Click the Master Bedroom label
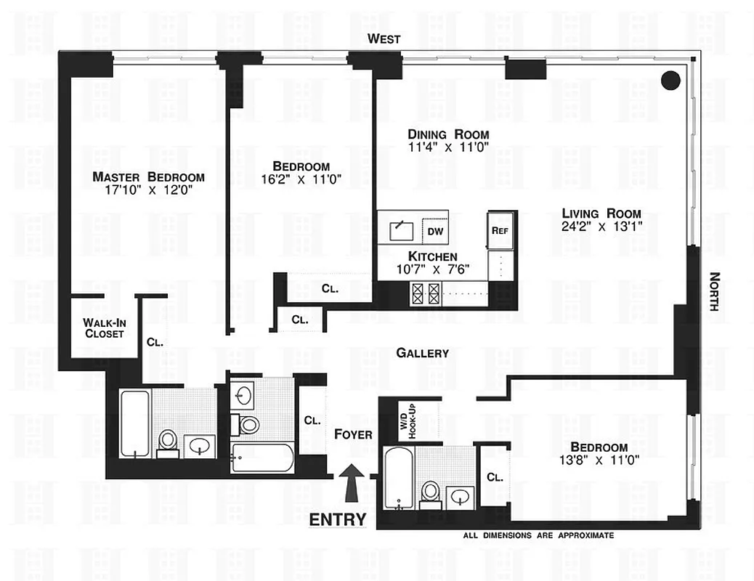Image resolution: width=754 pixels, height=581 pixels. (x=148, y=176)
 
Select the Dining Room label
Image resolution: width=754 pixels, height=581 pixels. (x=447, y=134)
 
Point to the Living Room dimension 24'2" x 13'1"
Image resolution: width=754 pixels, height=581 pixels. (x=601, y=226)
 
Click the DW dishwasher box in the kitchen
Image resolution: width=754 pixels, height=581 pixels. (x=435, y=231)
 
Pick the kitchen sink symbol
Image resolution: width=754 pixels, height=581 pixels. (x=400, y=230)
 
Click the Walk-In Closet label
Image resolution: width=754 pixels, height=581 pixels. (x=102, y=328)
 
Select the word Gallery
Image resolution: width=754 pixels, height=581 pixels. (x=422, y=353)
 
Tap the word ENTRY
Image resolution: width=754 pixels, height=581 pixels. (x=338, y=520)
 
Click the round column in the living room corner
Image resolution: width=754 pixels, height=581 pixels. (x=671, y=79)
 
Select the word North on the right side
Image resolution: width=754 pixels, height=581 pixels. (x=714, y=291)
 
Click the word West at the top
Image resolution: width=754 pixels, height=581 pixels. (x=383, y=39)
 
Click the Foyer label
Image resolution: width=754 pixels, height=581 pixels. (x=353, y=434)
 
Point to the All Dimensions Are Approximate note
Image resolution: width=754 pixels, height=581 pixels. (x=538, y=535)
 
